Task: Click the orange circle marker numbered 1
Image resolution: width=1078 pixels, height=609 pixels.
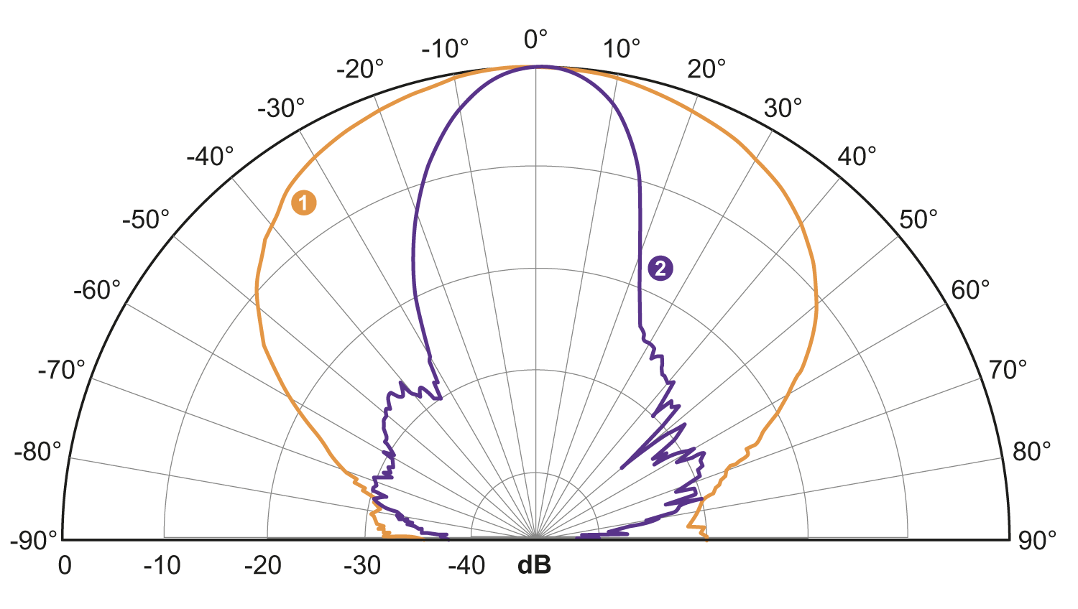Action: click(303, 203)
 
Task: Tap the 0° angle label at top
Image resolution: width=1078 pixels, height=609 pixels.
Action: click(535, 39)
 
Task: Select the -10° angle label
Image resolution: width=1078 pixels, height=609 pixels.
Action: click(445, 49)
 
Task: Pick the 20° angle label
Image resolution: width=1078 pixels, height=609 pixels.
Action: click(706, 69)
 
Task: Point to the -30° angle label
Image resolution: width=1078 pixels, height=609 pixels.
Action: click(281, 108)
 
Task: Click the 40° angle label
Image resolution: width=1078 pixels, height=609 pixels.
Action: click(857, 156)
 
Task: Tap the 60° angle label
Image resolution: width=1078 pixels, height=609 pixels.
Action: click(970, 290)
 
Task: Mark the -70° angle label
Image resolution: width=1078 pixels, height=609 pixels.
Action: click(61, 371)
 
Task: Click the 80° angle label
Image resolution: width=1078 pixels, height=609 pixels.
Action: click(1031, 452)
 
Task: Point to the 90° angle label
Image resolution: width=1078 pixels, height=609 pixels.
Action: click(1037, 540)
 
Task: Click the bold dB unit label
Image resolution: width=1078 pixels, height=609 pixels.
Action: click(535, 566)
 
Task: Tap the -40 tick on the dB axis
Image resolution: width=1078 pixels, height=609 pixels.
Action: click(466, 566)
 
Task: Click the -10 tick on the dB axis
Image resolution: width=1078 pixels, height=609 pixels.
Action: click(162, 566)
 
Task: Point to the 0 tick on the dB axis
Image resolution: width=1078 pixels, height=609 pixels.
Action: click(65, 566)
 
